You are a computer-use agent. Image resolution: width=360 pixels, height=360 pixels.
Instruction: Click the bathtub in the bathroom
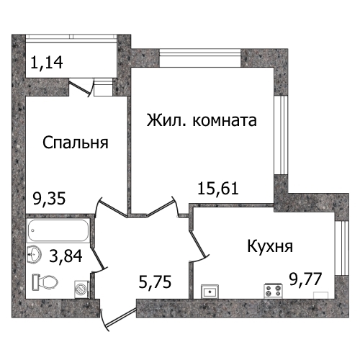58,230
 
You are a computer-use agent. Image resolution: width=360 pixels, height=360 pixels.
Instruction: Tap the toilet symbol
45,282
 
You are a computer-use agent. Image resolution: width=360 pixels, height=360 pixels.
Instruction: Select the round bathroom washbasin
35,253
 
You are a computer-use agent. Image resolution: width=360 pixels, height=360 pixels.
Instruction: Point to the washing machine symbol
82,289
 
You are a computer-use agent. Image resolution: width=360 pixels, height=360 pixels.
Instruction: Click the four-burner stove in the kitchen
274,291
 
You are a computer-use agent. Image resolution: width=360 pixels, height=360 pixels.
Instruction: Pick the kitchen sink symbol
210,292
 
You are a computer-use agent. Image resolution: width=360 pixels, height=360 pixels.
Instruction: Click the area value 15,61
218,189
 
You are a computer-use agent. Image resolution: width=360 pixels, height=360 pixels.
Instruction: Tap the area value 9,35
49,199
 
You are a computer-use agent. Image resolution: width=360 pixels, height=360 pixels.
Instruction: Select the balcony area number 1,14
47,62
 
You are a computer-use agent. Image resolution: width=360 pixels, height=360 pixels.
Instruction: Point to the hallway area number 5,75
155,282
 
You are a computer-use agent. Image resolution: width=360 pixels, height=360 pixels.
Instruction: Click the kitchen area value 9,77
305,279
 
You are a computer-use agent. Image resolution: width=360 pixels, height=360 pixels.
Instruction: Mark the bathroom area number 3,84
66,256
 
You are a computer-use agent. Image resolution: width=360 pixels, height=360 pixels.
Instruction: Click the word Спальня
76,143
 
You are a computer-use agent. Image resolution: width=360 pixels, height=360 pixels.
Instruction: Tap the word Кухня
270,246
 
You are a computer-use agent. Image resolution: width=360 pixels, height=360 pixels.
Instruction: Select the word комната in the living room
225,120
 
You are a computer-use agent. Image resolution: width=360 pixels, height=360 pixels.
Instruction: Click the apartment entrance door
119,318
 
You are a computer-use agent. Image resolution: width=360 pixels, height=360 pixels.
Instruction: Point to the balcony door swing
81,89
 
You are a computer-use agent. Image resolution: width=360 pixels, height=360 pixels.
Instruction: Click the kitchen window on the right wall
341,248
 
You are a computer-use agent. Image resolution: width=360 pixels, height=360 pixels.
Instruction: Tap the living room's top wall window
200,58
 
